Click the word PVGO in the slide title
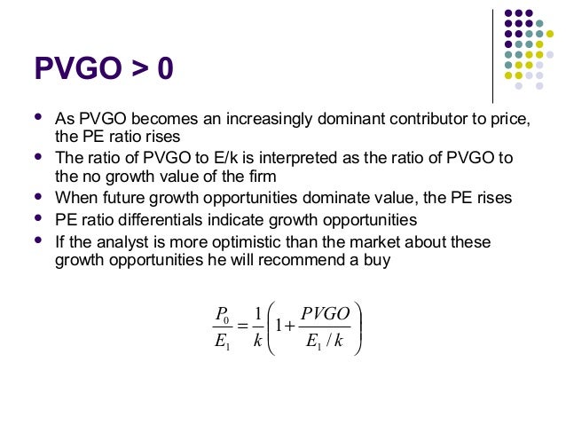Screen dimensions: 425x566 click(x=77, y=67)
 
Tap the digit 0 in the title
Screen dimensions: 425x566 click(x=162, y=67)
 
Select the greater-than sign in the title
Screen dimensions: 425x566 click(x=136, y=68)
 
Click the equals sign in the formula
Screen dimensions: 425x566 click(x=240, y=327)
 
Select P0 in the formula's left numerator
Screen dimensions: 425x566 click(x=221, y=315)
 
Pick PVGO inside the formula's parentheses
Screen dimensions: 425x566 click(x=325, y=315)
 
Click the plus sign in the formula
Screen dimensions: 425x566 click(x=288, y=327)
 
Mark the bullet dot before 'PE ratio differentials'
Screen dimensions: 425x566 click(x=37, y=217)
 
